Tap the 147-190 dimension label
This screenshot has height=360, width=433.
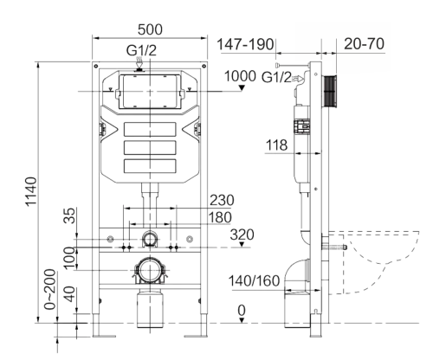(x=245, y=43)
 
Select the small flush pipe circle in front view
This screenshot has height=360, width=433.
(x=151, y=238)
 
